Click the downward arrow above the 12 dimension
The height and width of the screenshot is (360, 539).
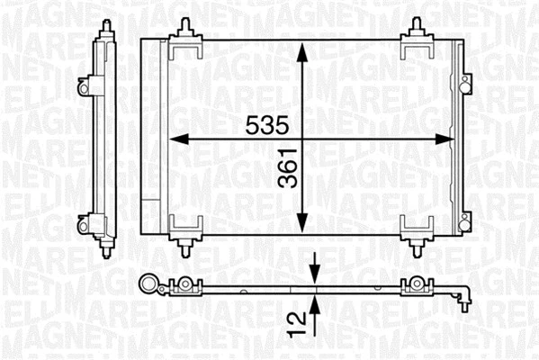(x=315, y=269)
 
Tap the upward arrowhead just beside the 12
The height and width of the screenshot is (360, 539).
(x=315, y=304)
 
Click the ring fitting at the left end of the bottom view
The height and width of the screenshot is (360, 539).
(x=145, y=287)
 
